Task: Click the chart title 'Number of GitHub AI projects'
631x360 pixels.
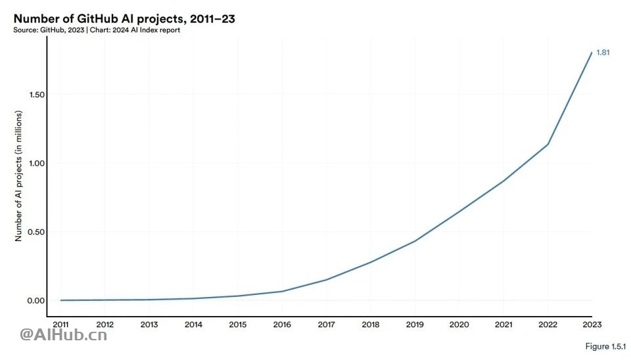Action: click(x=124, y=19)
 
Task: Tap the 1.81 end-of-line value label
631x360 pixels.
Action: click(x=603, y=53)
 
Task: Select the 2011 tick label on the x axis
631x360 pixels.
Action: click(x=60, y=324)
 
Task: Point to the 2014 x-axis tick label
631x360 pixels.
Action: click(x=193, y=324)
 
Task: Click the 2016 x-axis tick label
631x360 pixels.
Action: click(x=282, y=324)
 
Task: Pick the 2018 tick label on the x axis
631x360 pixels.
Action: click(x=371, y=324)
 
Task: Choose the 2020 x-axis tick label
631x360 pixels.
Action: click(x=459, y=324)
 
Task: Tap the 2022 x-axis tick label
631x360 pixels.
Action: click(x=548, y=324)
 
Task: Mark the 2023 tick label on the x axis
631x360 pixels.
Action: click(x=592, y=324)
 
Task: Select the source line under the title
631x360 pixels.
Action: click(x=97, y=30)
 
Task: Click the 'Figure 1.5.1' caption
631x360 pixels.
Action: click(x=605, y=346)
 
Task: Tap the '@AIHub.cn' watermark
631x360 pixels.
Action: click(x=64, y=336)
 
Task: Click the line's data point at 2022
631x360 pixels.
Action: click(x=548, y=145)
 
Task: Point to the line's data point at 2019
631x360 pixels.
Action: click(x=415, y=241)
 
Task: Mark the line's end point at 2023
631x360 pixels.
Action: click(x=592, y=53)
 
